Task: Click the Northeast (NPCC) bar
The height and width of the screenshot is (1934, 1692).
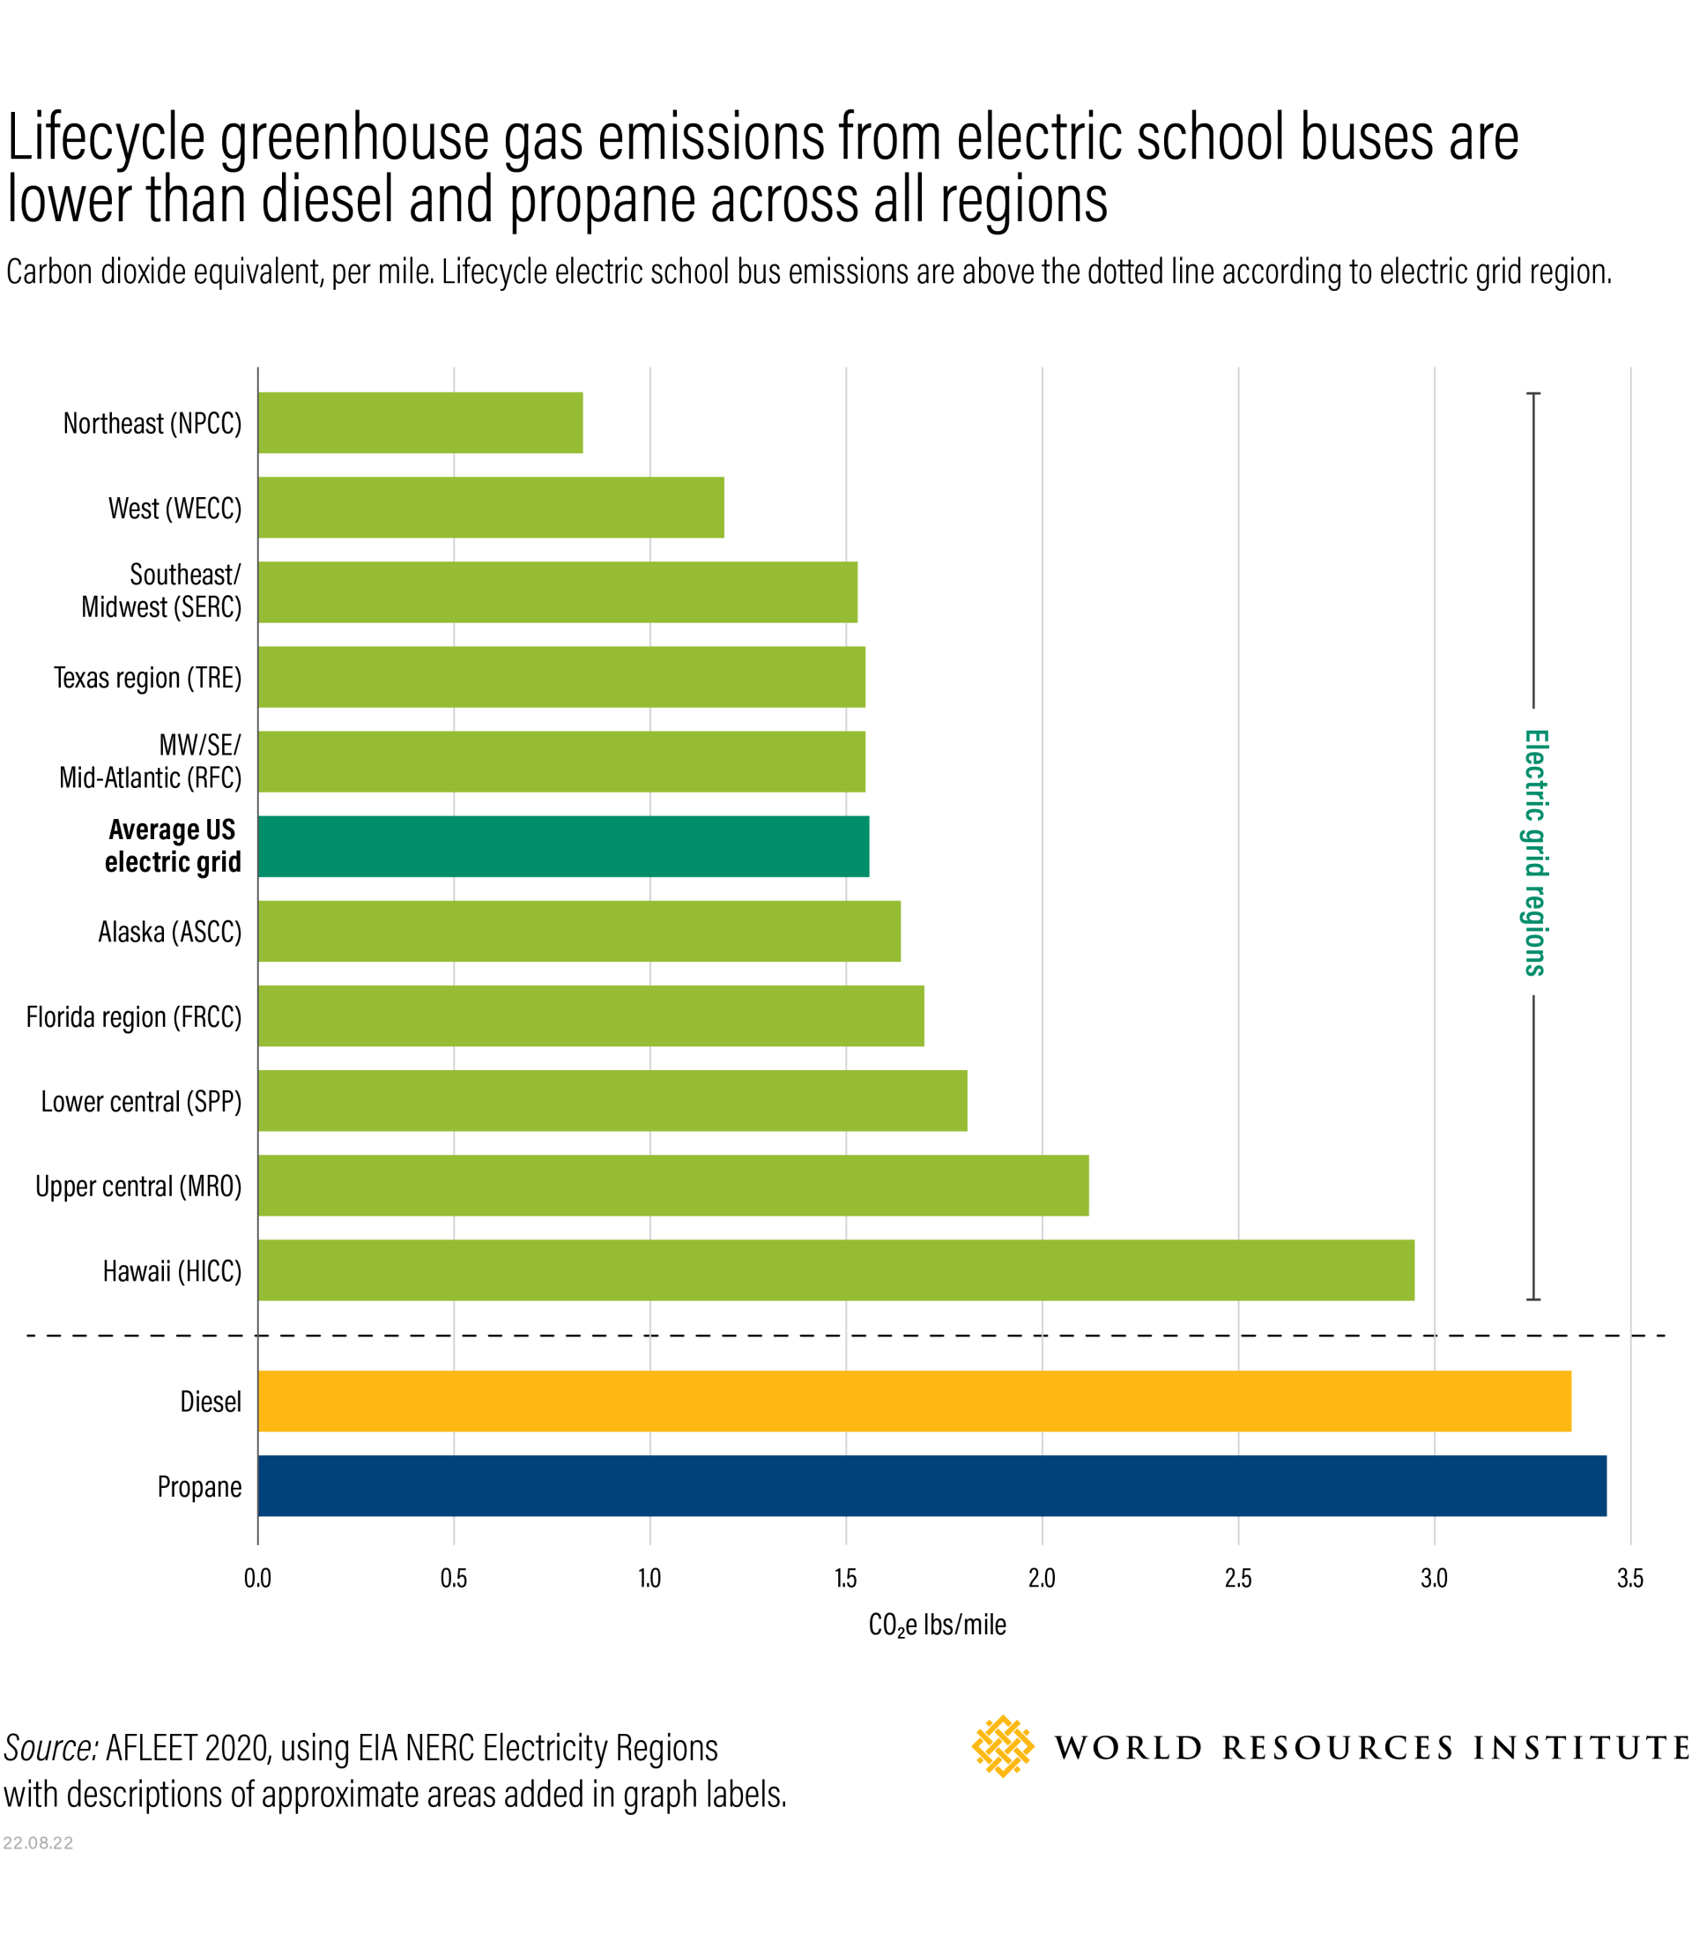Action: [x=420, y=422]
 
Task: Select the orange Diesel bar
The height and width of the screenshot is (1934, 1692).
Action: [x=914, y=1401]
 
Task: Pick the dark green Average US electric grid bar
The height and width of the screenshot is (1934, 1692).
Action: [x=563, y=846]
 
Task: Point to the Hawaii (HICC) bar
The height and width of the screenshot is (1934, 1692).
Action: [x=835, y=1270]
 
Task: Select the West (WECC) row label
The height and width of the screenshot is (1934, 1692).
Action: [x=174, y=508]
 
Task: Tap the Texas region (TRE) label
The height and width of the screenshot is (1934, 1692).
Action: [x=147, y=677]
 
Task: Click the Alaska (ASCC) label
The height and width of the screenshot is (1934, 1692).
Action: [x=170, y=932]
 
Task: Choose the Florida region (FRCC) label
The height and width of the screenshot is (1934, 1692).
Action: [x=134, y=1017]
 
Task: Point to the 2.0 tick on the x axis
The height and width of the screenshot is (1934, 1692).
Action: [x=1042, y=1578]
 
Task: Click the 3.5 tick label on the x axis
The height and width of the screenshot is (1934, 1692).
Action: [x=1629, y=1578]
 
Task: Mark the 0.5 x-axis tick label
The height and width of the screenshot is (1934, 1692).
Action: [x=453, y=1578]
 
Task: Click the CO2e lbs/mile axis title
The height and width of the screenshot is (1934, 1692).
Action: [x=937, y=1625]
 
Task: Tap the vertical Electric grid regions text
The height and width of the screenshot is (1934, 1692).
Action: [x=1534, y=852]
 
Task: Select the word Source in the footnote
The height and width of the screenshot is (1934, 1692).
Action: [x=50, y=1748]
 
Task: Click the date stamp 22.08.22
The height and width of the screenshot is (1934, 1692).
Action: [x=38, y=1843]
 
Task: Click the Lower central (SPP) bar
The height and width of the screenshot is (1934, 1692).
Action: [x=612, y=1100]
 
